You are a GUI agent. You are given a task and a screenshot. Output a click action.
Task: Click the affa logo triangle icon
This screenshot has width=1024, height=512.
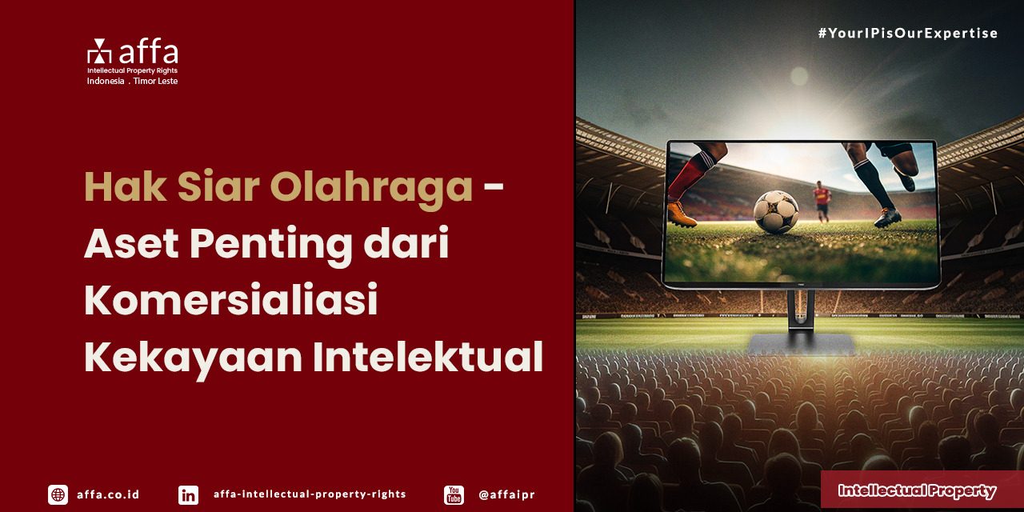pos(100,51)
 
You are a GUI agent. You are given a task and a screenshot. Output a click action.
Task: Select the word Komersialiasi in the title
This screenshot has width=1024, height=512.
pos(230,301)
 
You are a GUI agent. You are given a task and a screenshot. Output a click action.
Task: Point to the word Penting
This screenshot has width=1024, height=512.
pos(271,243)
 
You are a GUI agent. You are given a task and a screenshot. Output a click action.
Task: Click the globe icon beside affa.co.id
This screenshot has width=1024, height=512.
pos(58,494)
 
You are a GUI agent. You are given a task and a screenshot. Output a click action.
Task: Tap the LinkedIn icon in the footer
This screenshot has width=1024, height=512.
pos(188,494)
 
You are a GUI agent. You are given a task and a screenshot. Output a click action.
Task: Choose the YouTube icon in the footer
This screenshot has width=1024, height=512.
pos(454,494)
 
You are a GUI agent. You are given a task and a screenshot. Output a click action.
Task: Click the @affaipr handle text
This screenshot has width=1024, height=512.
pos(506,494)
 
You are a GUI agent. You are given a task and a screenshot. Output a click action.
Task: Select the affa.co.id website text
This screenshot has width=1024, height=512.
pos(108,494)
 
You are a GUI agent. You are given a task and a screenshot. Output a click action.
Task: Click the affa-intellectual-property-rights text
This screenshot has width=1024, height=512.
pos(310,494)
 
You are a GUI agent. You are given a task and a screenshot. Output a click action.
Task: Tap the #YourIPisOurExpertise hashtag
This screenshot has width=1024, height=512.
pos(907,34)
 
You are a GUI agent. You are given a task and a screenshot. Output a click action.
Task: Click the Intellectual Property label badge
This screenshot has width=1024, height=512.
pos(917,490)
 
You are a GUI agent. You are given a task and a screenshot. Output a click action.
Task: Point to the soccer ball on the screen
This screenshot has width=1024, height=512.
pos(775,211)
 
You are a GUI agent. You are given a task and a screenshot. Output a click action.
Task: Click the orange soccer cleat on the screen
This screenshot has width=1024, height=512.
pos(682,214)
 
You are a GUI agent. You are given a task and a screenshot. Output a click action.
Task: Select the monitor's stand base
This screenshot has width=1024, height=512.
pos(800,344)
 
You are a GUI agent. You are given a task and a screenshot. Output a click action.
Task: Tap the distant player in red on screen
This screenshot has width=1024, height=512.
pos(822,199)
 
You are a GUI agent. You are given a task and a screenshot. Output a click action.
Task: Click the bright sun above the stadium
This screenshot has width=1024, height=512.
pos(798,76)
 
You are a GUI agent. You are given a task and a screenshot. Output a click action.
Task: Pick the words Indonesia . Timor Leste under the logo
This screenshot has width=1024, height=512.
pos(132,82)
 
